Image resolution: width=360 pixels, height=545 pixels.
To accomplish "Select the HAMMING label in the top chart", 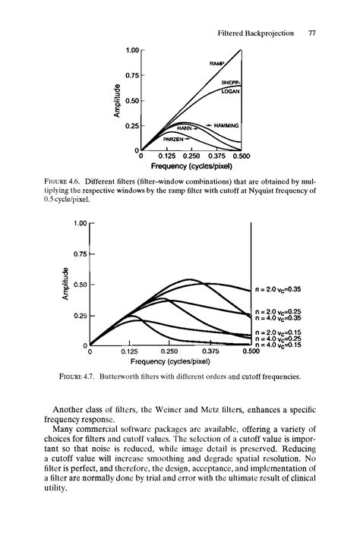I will [226, 125].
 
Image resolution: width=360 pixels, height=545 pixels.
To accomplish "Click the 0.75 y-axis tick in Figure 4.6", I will [134, 75].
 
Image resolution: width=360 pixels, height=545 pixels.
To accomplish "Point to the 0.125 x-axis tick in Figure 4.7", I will [131, 351].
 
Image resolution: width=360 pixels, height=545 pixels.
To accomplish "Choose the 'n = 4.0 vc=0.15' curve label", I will [279, 345].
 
